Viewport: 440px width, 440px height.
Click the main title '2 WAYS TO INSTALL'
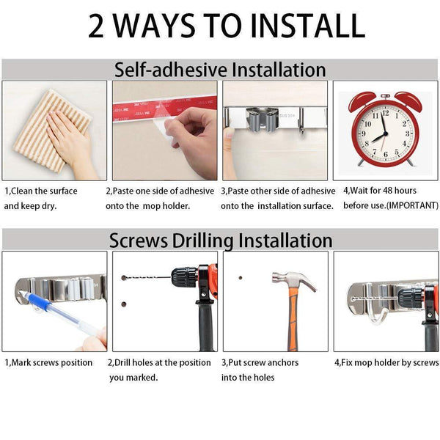(x=227, y=26)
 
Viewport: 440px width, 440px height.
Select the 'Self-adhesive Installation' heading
(x=220, y=70)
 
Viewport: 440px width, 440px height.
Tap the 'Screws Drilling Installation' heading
(x=220, y=240)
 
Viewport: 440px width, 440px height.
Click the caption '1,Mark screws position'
(x=48, y=362)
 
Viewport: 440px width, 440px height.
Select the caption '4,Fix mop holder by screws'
(x=386, y=362)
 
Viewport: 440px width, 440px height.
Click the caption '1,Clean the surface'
(x=41, y=191)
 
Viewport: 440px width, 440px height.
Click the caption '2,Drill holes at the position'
(x=159, y=362)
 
